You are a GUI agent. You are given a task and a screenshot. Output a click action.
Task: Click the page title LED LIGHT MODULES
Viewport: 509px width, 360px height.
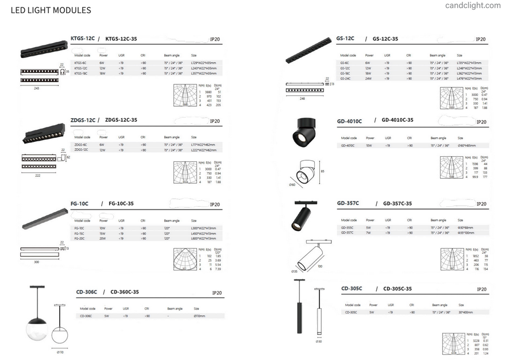51,10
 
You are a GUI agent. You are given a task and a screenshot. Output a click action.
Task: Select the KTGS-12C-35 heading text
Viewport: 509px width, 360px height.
121,39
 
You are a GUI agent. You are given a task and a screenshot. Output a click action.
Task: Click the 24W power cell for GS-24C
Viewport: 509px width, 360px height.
367,78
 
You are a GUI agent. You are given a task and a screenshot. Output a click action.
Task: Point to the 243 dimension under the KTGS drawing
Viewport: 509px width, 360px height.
36,88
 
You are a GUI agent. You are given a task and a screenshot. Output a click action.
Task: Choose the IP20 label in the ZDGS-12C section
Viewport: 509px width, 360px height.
215,121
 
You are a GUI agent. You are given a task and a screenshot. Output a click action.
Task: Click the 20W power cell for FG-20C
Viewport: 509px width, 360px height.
102,238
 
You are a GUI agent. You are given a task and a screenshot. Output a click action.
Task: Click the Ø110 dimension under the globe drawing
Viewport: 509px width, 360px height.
60,351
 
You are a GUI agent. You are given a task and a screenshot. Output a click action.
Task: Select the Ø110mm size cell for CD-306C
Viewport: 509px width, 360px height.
199,316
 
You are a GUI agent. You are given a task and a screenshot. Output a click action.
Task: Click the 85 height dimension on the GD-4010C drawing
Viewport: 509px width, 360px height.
323,171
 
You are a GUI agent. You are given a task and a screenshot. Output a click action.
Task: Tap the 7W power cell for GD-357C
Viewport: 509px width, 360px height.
367,233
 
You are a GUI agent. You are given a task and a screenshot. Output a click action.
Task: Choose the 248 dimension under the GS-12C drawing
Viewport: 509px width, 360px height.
302,98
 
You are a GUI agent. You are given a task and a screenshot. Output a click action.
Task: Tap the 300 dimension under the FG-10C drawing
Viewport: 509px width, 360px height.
37,261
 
